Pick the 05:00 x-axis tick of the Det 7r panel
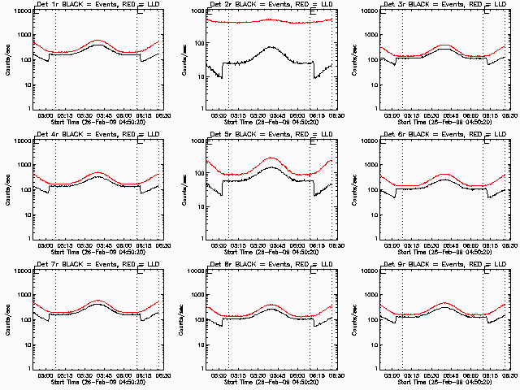click(46, 375)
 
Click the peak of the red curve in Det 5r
click(271, 158)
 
